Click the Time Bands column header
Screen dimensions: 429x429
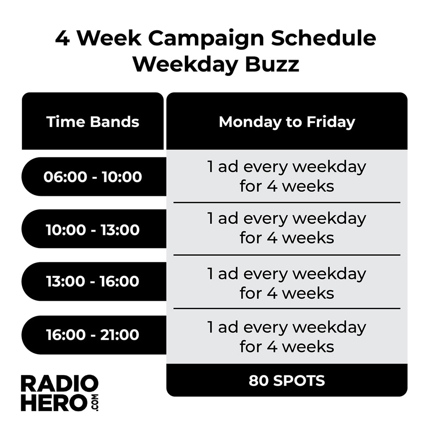click(93, 122)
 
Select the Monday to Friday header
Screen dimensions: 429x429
click(287, 122)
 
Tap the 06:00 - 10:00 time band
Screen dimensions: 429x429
click(93, 177)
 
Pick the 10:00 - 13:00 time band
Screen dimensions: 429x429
click(93, 230)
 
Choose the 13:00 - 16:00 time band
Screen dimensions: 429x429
click(93, 282)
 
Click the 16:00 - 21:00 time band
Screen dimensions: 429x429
click(93, 335)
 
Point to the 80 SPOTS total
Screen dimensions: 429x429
click(287, 380)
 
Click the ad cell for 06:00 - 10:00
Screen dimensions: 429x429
click(287, 176)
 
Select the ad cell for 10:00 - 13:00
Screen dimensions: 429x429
click(287, 228)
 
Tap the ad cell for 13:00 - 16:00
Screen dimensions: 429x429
click(287, 283)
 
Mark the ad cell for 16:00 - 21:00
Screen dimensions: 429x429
click(287, 337)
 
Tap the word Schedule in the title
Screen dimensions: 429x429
click(323, 39)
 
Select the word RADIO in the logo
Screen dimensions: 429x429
click(59, 384)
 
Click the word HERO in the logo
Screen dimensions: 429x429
click(53, 403)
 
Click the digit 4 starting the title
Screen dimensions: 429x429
click(62, 39)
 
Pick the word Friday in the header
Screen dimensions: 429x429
click(331, 122)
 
